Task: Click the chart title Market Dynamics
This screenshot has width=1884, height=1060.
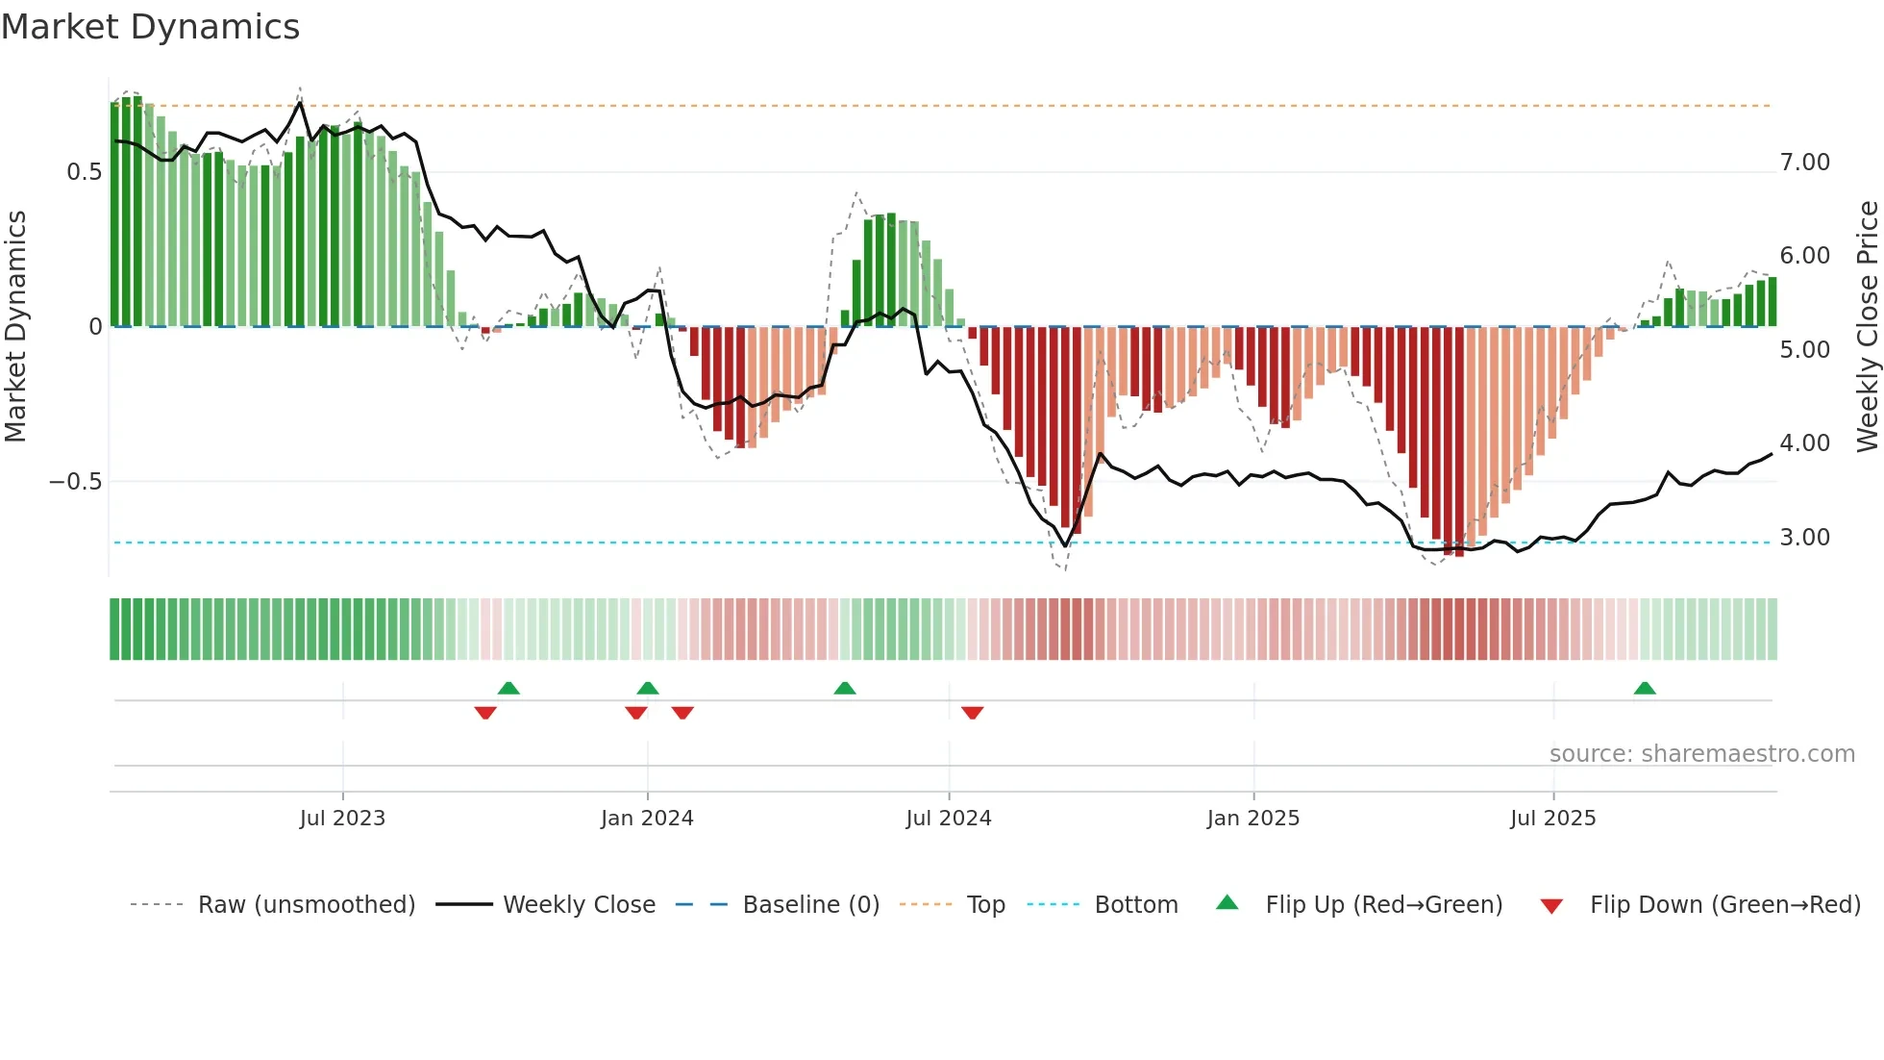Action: point(151,27)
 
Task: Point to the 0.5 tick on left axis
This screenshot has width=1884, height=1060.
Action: point(84,172)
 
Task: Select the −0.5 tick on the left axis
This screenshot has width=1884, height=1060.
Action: point(76,481)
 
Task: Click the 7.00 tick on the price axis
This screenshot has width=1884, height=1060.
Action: point(1804,163)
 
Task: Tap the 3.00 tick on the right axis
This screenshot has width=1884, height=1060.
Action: point(1804,538)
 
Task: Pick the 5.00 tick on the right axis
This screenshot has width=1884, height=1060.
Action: point(1804,350)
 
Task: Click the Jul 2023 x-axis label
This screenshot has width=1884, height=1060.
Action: point(342,819)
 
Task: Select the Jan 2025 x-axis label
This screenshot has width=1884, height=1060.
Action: point(1252,819)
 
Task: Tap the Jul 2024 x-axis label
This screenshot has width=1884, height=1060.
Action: point(948,819)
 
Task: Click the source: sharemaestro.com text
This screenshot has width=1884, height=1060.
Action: point(1701,754)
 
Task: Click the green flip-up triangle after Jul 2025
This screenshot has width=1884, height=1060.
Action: point(1645,689)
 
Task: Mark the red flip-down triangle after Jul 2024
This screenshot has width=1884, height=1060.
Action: point(972,712)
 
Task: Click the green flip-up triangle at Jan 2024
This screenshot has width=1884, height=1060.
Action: point(648,689)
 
